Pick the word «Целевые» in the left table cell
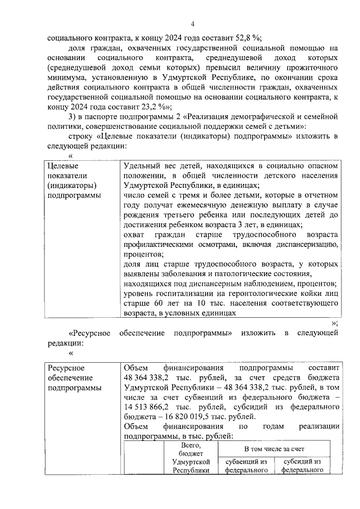tap(62, 166)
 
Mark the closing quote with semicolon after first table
tap(334, 323)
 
